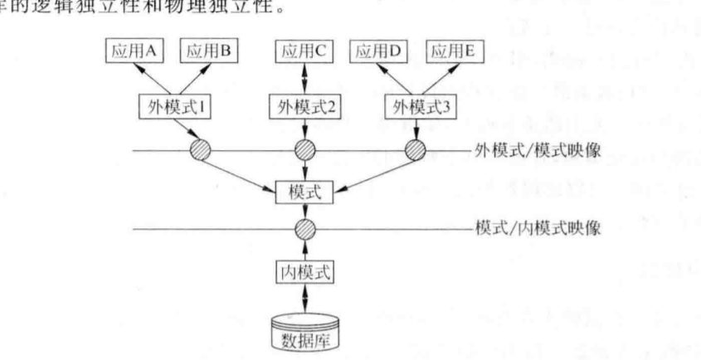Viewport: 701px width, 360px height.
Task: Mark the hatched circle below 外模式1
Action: (202, 151)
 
